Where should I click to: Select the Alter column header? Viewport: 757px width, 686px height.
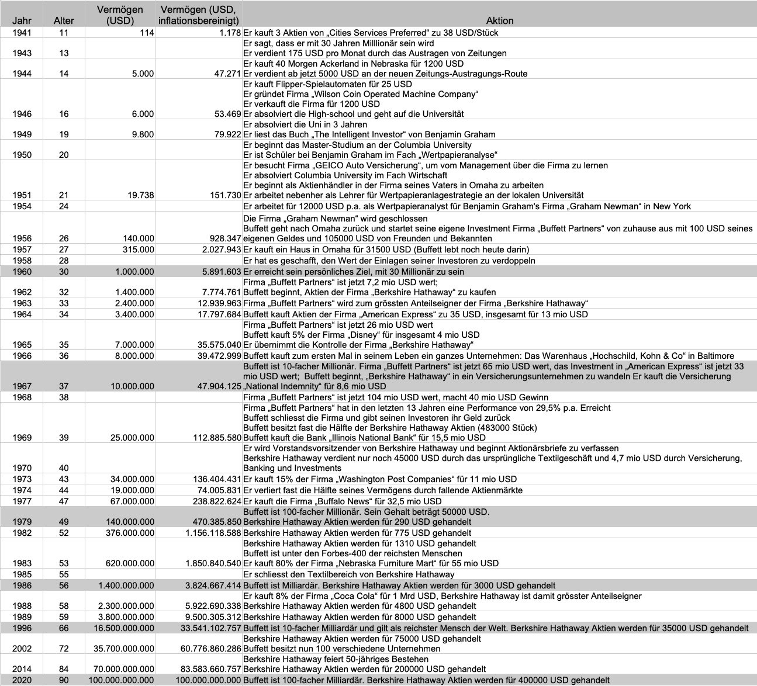64,20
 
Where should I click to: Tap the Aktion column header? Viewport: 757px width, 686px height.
499,20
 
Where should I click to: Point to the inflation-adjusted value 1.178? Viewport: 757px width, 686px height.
230,33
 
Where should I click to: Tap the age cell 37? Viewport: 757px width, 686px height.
64,386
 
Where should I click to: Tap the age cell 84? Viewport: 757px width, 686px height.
64,669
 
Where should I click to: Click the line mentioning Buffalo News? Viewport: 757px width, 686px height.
343,501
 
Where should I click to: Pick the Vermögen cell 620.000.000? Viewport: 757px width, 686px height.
128,563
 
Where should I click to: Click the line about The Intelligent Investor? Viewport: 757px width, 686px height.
369,134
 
